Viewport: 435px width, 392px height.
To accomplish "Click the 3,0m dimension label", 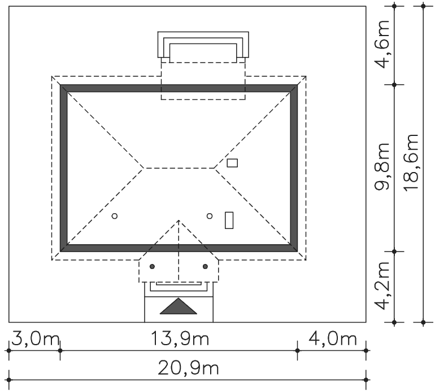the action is pos(35,339).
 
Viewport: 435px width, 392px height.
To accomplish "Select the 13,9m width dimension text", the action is pos(180,339).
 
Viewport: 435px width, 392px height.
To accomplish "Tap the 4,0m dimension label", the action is pos(332,339).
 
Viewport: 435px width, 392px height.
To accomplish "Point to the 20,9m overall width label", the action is pos(188,369).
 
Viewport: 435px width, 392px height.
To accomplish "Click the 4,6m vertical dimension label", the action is pos(382,45).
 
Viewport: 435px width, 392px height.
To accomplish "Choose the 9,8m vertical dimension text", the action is pos(382,167).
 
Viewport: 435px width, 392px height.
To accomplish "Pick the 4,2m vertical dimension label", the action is pos(382,285).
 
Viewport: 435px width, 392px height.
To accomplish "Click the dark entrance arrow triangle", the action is pos(179,306).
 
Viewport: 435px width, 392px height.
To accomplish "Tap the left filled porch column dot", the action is pos(152,267).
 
